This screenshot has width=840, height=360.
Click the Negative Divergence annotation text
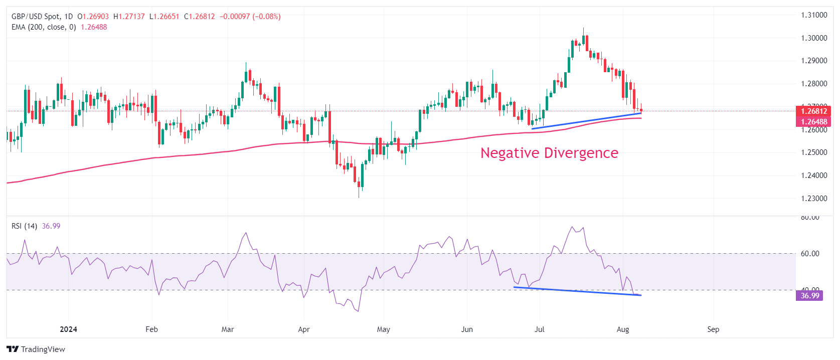pos(549,153)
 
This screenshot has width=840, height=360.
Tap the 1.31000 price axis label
pos(813,15)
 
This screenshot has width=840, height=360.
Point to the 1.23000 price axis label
pos(813,199)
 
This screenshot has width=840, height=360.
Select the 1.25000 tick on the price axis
pos(813,152)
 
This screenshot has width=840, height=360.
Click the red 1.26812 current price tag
pos(813,111)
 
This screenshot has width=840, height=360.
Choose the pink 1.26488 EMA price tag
pos(813,122)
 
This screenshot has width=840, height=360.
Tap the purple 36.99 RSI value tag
pos(809,296)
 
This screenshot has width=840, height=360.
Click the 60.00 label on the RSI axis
pos(810,254)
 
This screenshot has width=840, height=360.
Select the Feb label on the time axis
pos(151,329)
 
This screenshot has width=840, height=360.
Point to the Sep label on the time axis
pos(713,329)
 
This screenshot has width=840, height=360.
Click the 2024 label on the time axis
pos(68,329)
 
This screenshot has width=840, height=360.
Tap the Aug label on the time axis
pos(622,329)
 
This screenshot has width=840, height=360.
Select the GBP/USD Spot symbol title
pos(35,17)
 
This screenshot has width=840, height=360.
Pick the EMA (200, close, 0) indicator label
pos(44,27)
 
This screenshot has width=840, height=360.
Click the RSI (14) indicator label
pos(24,226)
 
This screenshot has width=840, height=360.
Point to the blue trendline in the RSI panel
pos(577,291)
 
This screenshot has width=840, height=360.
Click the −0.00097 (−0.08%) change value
pos(250,17)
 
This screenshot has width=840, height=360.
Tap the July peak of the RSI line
pos(572,227)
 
